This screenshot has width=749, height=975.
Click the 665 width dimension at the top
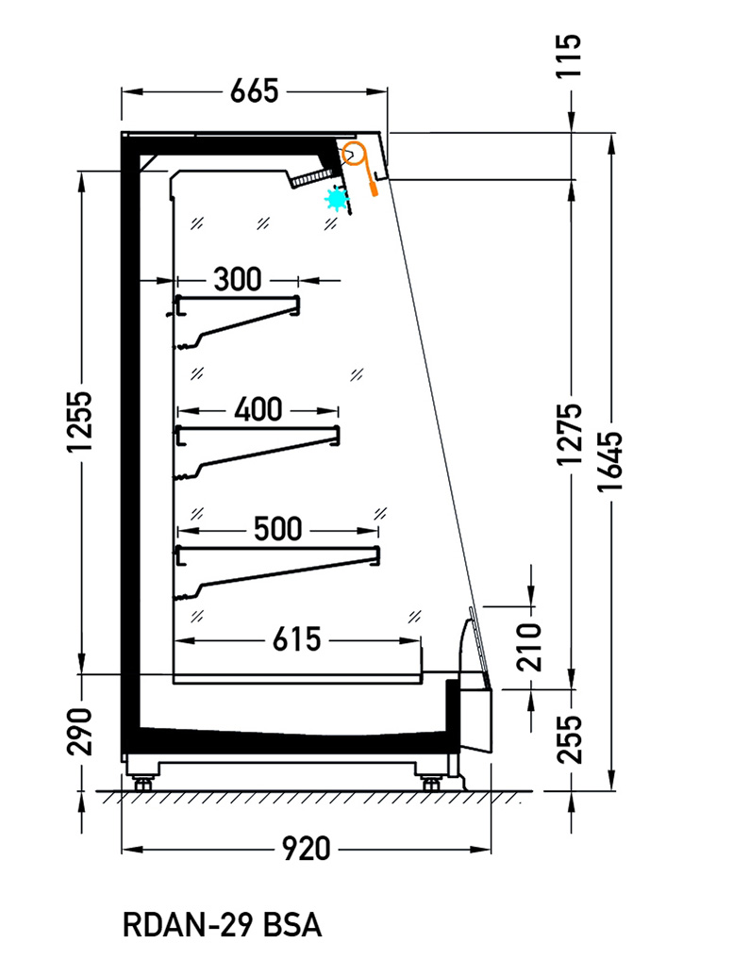pos(254,91)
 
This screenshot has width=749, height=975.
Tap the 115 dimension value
pos(568,56)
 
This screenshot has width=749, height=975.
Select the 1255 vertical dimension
pos(80,421)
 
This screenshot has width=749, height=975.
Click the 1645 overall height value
pos(610,461)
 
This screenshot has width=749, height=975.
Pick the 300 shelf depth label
pos(238,279)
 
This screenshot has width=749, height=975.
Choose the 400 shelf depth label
pos(258,409)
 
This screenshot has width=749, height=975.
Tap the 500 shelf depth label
pos(278,529)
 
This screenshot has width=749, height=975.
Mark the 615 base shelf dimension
pos(296,639)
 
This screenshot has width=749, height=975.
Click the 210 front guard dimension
pos(530,647)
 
